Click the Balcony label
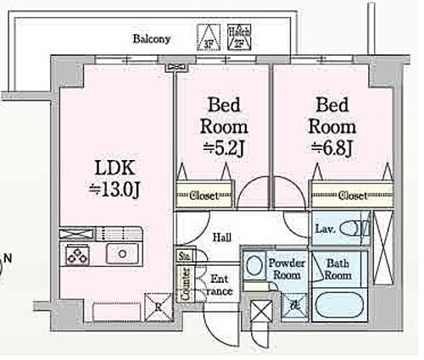152,39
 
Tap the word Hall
223,238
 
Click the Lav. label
326,229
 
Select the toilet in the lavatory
362,229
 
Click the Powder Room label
287,269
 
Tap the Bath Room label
338,269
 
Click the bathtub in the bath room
342,304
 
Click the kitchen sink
123,252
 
